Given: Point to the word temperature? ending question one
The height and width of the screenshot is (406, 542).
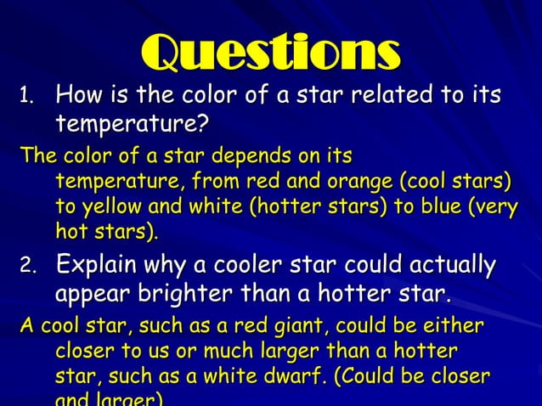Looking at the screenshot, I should [x=132, y=126].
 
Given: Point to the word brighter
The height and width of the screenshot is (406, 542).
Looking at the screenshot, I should [x=183, y=296].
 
